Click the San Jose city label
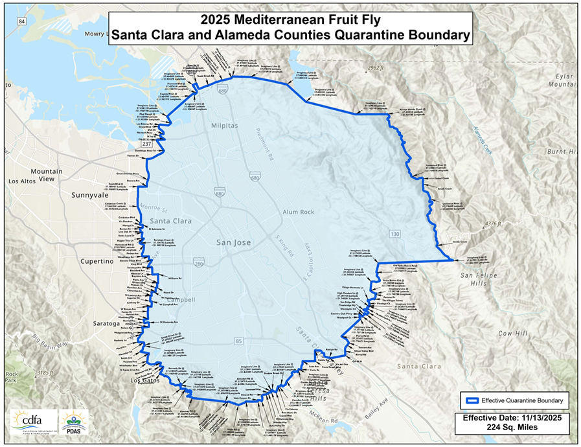pos(233,242)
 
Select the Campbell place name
pos(184,300)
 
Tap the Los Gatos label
pos(144,380)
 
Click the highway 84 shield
pos(22,21)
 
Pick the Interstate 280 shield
pos(199,262)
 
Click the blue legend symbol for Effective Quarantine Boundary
pos(473,399)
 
